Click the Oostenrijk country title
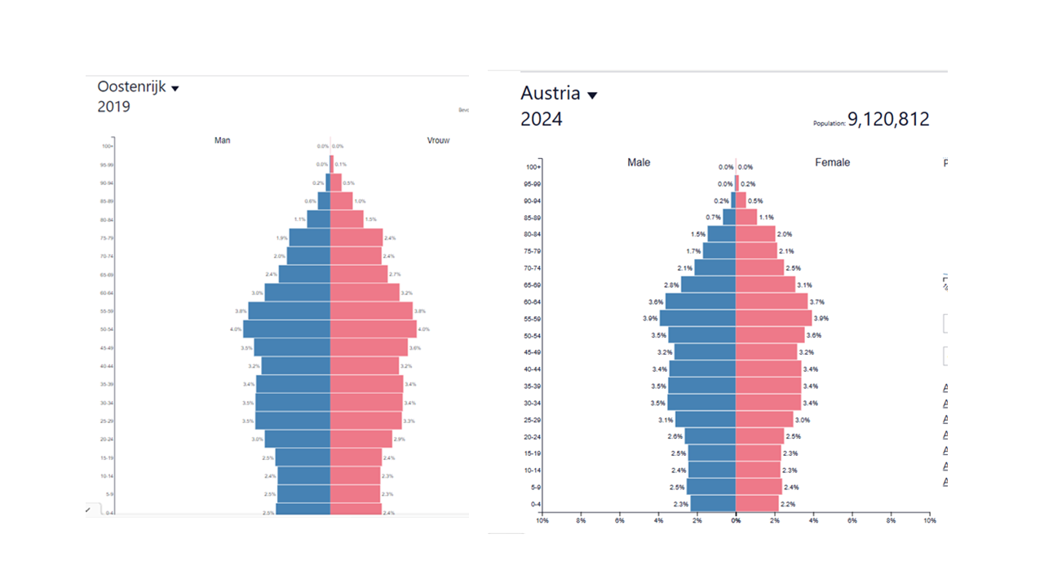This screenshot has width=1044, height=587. pyautogui.click(x=131, y=86)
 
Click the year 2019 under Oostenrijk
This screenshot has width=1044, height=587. pyautogui.click(x=113, y=107)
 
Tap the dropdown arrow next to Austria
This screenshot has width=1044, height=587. pyautogui.click(x=592, y=95)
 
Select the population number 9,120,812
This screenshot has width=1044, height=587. pyautogui.click(x=888, y=120)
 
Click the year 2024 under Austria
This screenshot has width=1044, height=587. pyautogui.click(x=541, y=120)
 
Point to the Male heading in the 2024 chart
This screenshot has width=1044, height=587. pyautogui.click(x=639, y=162)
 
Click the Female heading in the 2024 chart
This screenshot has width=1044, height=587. pyautogui.click(x=832, y=162)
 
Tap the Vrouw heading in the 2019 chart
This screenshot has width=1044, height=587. pyautogui.click(x=438, y=140)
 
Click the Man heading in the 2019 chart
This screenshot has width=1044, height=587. pyautogui.click(x=222, y=140)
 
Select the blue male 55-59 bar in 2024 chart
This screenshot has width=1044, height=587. pyautogui.click(x=697, y=318)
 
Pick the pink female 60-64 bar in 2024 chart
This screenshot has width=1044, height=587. pyautogui.click(x=772, y=302)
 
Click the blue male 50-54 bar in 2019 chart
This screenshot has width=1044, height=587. pyautogui.click(x=286, y=329)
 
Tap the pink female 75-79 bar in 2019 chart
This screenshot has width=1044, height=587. pyautogui.click(x=356, y=237)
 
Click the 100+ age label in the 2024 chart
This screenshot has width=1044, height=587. pyautogui.click(x=534, y=167)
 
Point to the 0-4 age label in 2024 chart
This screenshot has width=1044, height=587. pyautogui.click(x=535, y=504)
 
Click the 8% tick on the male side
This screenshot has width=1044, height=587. pyautogui.click(x=581, y=519)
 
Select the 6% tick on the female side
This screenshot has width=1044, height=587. pyautogui.click(x=852, y=519)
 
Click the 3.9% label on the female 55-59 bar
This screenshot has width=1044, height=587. pyautogui.click(x=821, y=318)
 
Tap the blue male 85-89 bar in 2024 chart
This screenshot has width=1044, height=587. pyautogui.click(x=729, y=218)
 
